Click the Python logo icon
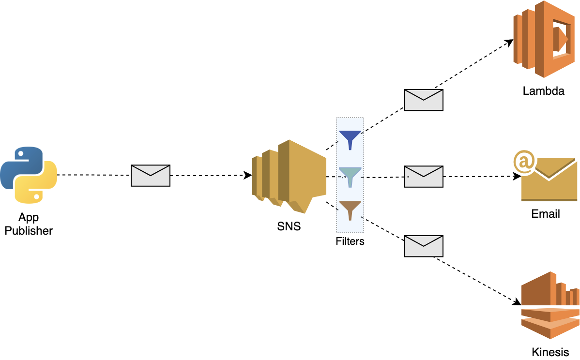[x=29, y=174]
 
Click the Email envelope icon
[x=549, y=180]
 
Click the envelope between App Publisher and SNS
[x=151, y=175]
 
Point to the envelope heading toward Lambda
[x=424, y=100]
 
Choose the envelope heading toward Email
[x=424, y=176]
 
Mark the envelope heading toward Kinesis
[x=424, y=246]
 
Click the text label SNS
[x=289, y=226]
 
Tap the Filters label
[x=350, y=241]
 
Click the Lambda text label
[x=543, y=91]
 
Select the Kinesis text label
[x=550, y=352]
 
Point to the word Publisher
[x=29, y=231]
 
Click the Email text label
[x=546, y=214]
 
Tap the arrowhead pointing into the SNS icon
[x=248, y=175]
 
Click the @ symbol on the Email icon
[x=523, y=162]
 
